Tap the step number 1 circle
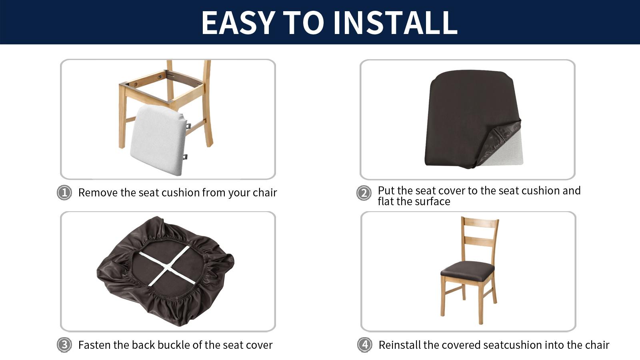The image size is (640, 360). coord(64,193)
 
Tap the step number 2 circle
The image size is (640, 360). coord(364,193)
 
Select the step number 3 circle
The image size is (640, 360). coord(64,345)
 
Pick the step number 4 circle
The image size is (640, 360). coord(364,345)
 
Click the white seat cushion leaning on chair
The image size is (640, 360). coord(158,140)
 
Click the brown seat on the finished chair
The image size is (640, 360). coord(467,270)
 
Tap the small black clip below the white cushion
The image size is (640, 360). coord(185,157)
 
